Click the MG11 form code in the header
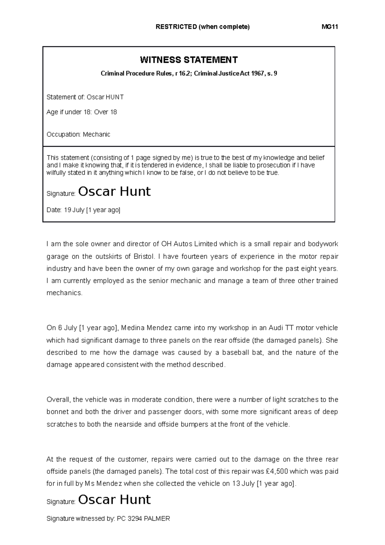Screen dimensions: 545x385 tap(330, 27)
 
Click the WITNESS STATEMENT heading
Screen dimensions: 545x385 tap(189, 60)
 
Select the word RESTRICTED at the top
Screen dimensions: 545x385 tap(176, 27)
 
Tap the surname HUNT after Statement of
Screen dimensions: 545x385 tap(115, 97)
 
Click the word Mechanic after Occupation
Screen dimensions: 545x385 tap(96, 134)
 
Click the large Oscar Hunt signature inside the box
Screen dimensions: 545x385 tap(114, 192)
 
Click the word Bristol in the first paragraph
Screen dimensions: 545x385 tap(144, 256)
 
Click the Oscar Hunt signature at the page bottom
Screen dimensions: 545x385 tap(114, 500)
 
